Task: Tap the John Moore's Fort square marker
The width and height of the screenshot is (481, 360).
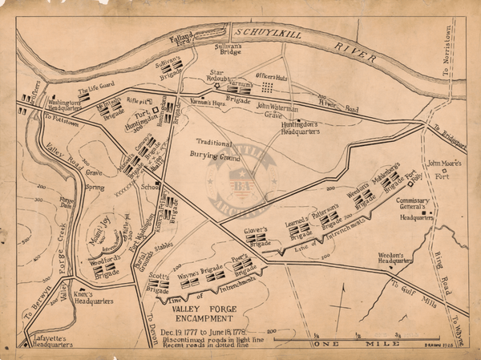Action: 440,172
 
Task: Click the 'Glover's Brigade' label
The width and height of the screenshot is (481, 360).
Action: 255,234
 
